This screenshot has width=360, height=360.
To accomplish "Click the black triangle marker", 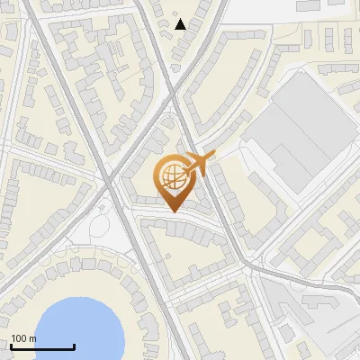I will (180, 24).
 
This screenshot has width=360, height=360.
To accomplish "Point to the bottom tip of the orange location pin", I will (172, 211).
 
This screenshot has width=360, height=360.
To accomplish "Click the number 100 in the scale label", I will (19, 339).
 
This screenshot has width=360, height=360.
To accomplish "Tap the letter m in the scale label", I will (32, 339).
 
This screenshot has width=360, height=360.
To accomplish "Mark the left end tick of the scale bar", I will (12, 346).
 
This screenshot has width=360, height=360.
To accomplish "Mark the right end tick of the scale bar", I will (74, 346).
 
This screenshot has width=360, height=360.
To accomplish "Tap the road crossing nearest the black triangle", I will (177, 67).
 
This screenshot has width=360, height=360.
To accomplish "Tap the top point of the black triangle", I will (180, 19).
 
